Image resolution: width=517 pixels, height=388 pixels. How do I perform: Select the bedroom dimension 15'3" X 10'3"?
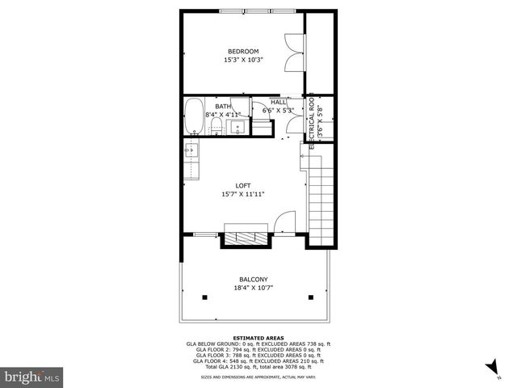point(243,60)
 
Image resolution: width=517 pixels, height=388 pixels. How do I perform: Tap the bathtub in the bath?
point(194,116)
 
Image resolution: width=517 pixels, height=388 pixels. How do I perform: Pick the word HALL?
point(279,103)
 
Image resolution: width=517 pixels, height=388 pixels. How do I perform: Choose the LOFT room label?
point(243,186)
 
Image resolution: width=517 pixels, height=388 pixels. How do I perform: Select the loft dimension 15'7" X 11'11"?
point(243,194)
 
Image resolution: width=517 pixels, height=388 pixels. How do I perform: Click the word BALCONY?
point(254,280)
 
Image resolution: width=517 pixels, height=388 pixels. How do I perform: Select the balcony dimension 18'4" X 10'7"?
point(254,288)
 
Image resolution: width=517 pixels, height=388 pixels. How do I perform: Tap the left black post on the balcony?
point(204,297)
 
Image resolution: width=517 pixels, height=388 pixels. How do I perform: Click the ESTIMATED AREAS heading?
point(253,337)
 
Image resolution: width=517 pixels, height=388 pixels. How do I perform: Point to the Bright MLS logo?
point(32,377)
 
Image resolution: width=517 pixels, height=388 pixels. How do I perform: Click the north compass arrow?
point(492,369)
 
